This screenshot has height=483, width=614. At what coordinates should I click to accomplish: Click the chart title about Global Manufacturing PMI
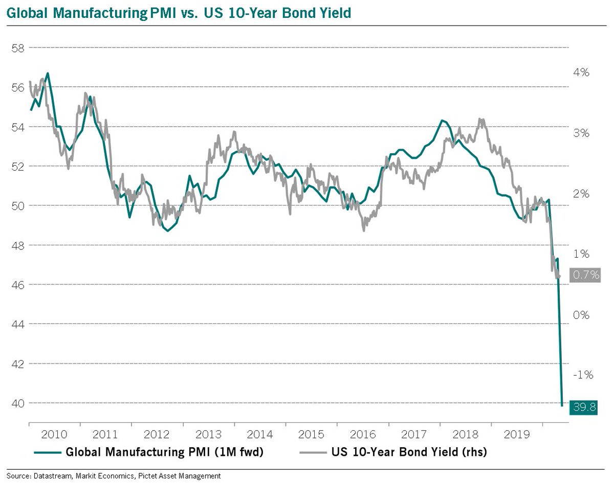[179, 13]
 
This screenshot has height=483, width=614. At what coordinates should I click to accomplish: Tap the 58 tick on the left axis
[18, 48]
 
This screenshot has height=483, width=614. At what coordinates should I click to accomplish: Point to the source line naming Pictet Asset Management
[113, 476]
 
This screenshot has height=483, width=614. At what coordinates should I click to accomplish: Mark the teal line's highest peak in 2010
[48, 73]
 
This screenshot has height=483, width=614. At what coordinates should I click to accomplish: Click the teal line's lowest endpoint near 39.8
[562, 406]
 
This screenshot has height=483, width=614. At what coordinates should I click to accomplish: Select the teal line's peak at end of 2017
[442, 120]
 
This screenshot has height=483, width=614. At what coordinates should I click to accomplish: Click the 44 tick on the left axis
[18, 324]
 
